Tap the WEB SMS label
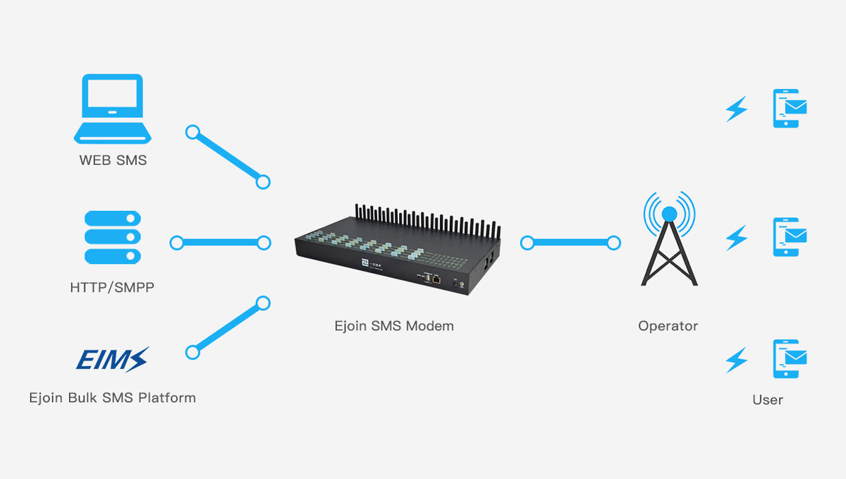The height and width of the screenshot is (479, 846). [x=113, y=160]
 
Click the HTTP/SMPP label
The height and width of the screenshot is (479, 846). [x=112, y=288]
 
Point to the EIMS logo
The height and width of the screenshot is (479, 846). [x=113, y=359]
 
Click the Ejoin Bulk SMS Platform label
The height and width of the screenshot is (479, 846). [x=113, y=398]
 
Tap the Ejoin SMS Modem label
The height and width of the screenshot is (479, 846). [x=394, y=326]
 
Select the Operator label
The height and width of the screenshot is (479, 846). [x=668, y=326]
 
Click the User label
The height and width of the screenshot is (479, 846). [x=767, y=400]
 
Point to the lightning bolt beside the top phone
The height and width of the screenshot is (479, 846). [x=737, y=109]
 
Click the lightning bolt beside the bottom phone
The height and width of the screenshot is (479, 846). [x=737, y=360]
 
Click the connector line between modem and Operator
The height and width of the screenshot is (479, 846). [x=571, y=243]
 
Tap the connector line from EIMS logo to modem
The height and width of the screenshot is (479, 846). [x=227, y=328]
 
